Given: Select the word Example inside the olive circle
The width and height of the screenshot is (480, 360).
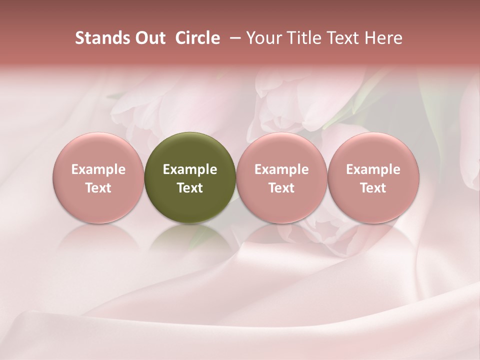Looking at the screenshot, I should (x=190, y=169).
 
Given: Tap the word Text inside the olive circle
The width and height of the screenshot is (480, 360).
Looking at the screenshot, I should (x=190, y=188).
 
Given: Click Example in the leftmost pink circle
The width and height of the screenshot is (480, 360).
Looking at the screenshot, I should (x=98, y=169).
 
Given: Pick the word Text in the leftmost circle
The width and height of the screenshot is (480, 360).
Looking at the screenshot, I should (x=98, y=188).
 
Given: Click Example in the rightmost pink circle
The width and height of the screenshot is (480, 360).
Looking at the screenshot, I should (x=373, y=169).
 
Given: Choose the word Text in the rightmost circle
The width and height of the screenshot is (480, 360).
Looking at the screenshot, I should (x=373, y=188).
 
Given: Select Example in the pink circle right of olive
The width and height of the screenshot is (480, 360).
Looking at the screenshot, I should (x=281, y=169).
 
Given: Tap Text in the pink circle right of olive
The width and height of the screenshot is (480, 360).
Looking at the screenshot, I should (x=281, y=188).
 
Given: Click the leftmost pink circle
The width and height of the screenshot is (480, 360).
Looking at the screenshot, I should (x=98, y=150).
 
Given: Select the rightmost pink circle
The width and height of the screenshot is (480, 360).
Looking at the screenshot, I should (x=373, y=150).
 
